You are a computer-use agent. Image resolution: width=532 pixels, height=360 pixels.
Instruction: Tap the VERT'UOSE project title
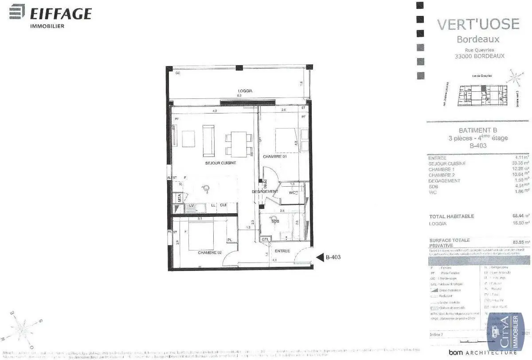478,24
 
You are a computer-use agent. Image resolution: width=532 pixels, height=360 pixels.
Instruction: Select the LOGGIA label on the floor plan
244,90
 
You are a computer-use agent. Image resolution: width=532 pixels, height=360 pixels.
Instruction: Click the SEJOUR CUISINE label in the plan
220,163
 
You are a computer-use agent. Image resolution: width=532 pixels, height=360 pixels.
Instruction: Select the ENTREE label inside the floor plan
282,251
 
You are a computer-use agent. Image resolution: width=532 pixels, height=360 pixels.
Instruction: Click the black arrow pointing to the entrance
320,257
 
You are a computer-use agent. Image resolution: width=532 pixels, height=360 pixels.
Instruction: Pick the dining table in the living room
236,144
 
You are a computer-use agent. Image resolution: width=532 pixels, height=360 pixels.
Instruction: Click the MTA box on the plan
180,198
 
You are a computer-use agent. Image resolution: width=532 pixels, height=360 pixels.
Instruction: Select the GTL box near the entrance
265,239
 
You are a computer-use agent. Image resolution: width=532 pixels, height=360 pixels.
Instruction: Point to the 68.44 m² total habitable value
519,216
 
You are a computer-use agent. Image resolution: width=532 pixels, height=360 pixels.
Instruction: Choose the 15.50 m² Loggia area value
519,223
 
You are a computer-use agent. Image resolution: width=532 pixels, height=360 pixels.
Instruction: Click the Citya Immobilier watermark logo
506,333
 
